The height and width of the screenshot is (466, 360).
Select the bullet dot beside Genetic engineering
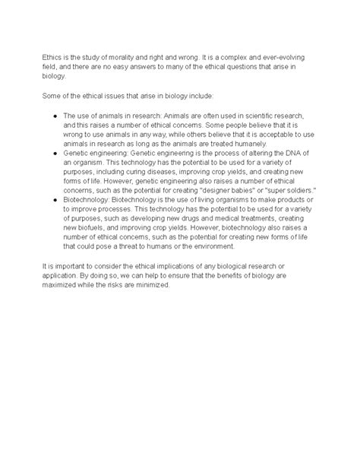48,152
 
